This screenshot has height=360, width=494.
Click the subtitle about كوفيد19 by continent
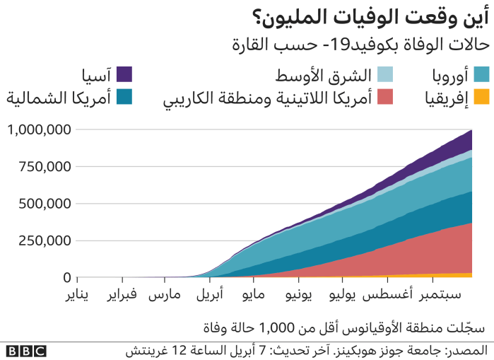click(x=360, y=45)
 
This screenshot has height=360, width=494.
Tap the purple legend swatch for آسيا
click(x=124, y=74)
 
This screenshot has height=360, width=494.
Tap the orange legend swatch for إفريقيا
click(x=481, y=97)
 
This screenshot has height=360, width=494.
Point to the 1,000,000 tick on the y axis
click(x=39, y=130)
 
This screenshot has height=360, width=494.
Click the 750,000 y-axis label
click(x=44, y=167)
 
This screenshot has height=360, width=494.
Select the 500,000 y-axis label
click(x=44, y=204)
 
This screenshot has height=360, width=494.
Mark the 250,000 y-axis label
click(x=44, y=240)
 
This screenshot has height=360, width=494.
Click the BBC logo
click(x=26, y=351)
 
